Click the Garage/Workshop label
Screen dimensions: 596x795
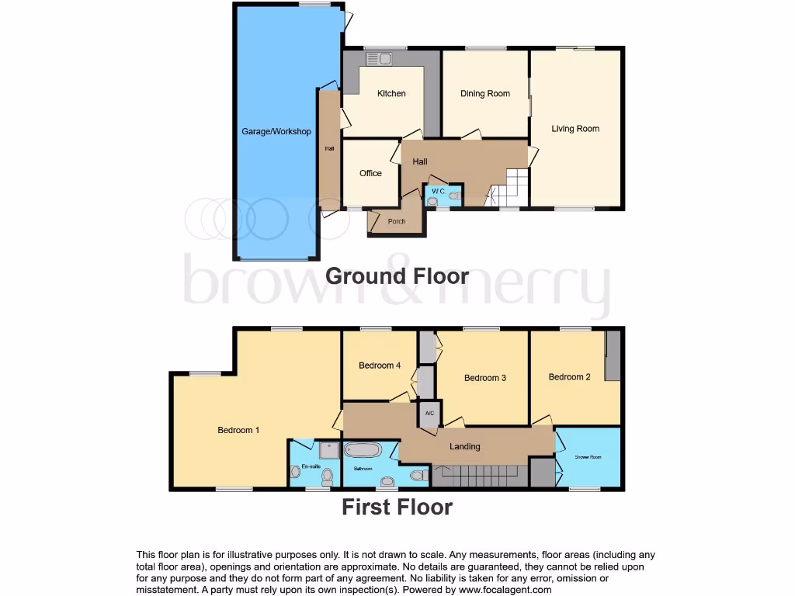point(276,131)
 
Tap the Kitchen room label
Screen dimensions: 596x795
point(391,94)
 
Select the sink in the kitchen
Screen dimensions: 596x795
point(380,57)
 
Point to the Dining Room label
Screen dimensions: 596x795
point(485,94)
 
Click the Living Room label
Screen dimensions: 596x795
point(575,129)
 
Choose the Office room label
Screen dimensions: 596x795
point(370,173)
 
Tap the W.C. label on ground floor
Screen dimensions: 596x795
point(438,191)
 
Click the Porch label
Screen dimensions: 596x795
point(396,221)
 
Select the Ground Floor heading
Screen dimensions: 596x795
point(397,275)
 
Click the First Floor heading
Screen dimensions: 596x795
point(397,508)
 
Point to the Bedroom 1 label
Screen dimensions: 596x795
point(238,430)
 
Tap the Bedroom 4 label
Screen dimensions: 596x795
point(380,366)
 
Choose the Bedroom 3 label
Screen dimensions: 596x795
point(485,378)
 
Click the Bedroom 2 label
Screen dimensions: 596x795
point(570,377)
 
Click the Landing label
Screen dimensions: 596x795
point(465,446)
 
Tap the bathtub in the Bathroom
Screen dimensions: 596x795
point(363,450)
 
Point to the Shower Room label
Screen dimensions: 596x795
point(588,457)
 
